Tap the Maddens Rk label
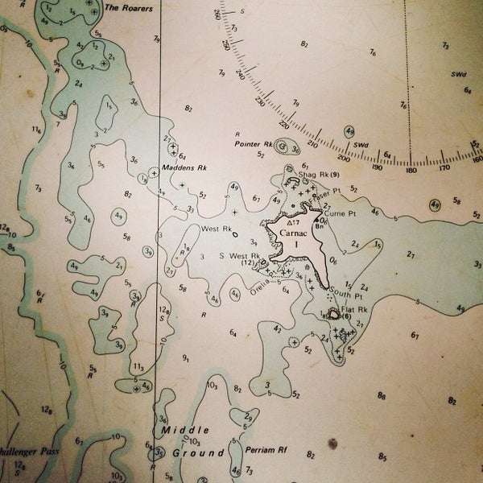click(184, 168)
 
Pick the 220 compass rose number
click(283, 126)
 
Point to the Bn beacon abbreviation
click(319, 227)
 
